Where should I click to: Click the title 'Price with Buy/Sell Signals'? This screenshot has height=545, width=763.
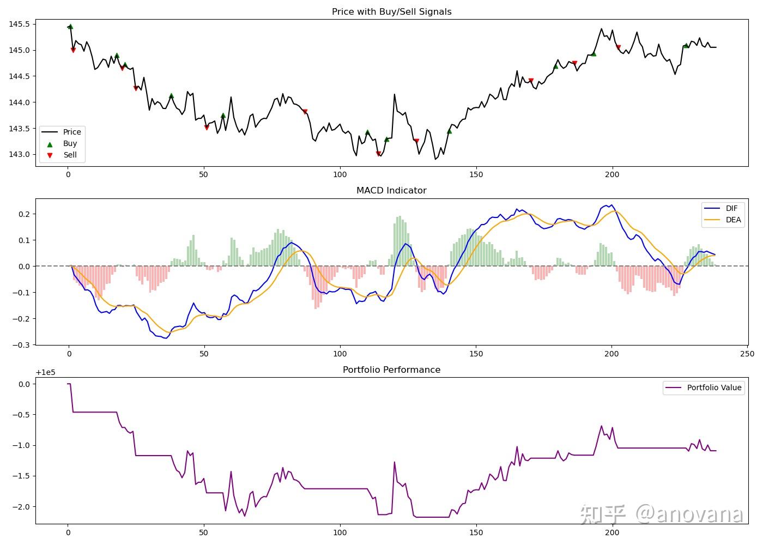[391, 11]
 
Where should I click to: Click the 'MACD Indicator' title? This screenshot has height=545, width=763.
[391, 190]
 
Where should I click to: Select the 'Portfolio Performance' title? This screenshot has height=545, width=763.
[391, 370]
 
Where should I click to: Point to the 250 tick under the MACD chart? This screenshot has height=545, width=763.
[747, 354]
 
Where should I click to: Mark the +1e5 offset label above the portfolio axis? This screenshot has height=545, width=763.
[46, 373]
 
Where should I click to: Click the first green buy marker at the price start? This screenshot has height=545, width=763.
[70, 26]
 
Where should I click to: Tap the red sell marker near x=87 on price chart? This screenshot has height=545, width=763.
[305, 112]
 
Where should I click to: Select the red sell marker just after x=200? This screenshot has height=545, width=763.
[618, 47]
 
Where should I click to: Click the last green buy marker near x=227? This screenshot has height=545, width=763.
[686, 45]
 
